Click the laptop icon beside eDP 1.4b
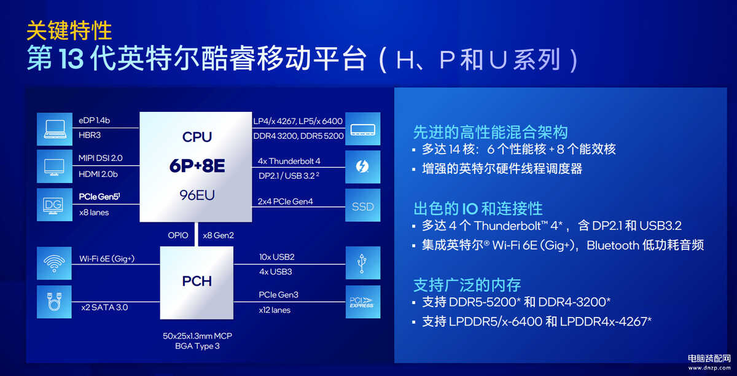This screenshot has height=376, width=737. pyautogui.click(x=55, y=129)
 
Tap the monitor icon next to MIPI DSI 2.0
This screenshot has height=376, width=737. pyautogui.click(x=55, y=166)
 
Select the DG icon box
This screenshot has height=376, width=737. pyautogui.click(x=55, y=205)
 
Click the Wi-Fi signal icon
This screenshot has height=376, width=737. pyautogui.click(x=54, y=264)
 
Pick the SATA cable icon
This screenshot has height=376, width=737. pyautogui.click(x=54, y=302)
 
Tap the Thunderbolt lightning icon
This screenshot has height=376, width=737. pyautogui.click(x=362, y=166)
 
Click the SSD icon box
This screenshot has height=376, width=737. pyautogui.click(x=362, y=205)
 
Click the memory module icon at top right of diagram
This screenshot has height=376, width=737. pyautogui.click(x=362, y=129)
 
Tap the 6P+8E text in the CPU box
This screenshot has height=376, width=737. pyautogui.click(x=197, y=166)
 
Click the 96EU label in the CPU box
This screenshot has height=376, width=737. pyautogui.click(x=197, y=195)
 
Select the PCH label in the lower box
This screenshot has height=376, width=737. pyautogui.click(x=197, y=281)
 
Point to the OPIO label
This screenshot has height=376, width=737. pyautogui.click(x=178, y=235)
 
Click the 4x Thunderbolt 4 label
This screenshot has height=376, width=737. pyautogui.click(x=289, y=161)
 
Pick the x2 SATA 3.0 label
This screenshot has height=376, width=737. pyautogui.click(x=104, y=307)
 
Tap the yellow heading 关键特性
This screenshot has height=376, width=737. pyautogui.click(x=69, y=30)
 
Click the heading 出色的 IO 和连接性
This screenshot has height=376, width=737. pyautogui.click(x=478, y=208)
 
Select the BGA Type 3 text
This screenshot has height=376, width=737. pyautogui.click(x=197, y=346)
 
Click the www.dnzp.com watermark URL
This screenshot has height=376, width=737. pyautogui.click(x=709, y=368)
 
